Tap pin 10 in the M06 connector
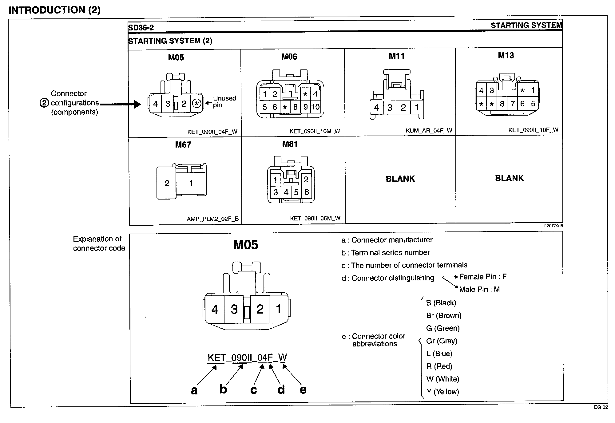point(315,107)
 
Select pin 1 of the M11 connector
point(417,107)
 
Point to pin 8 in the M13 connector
point(502,104)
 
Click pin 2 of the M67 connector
point(167,184)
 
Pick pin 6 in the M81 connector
point(306,192)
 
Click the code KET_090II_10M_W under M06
point(315,131)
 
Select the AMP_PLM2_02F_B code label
point(212,219)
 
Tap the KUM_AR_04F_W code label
point(429,130)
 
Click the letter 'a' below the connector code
point(194,390)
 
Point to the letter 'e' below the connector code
point(303,389)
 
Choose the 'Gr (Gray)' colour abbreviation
point(442,341)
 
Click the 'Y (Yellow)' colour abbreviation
point(442,392)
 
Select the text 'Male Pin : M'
point(479,289)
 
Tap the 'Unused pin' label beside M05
point(224,102)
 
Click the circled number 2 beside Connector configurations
point(44,103)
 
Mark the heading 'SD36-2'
point(141,28)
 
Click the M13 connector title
point(506,56)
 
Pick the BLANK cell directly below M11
point(400,179)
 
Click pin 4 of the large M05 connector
point(215,309)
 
